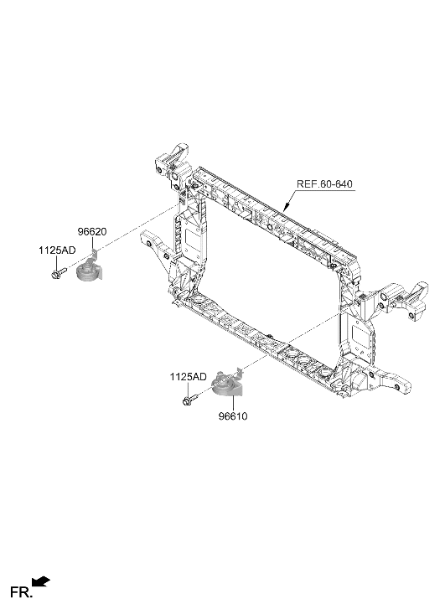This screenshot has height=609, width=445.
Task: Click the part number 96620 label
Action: [92, 232]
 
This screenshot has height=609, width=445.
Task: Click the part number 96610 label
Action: [233, 416]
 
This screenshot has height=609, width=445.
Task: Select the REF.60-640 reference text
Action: [324, 183]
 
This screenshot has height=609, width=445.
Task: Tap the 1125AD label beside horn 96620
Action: [57, 250]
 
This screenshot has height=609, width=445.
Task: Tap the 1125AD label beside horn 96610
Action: [188, 377]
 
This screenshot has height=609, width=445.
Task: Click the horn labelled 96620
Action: [89, 271]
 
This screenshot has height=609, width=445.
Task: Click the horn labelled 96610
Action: [226, 384]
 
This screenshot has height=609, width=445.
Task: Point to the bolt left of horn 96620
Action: [59, 272]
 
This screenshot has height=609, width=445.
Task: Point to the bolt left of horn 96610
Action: [190, 399]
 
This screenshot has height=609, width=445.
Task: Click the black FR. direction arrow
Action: [41, 581]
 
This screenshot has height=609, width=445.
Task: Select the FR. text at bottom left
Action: [22, 593]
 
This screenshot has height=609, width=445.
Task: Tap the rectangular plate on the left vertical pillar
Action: [191, 237]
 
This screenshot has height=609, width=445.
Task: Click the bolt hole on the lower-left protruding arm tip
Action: [149, 245]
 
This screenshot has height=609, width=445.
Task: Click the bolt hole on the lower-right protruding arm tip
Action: [396, 387]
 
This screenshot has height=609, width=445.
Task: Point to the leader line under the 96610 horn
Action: [233, 404]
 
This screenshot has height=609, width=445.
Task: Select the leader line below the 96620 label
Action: [92, 243]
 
